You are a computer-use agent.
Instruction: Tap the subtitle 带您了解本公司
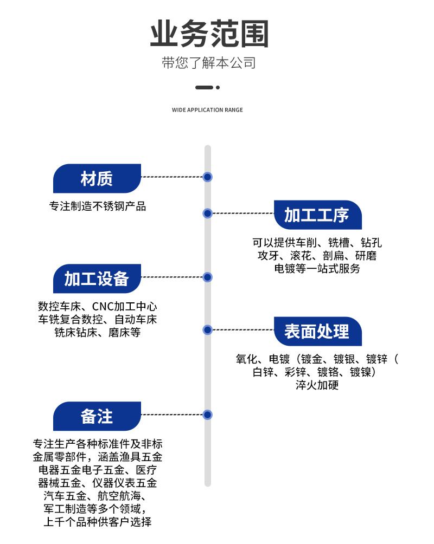point(209,63)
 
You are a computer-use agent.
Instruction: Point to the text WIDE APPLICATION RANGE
point(207,110)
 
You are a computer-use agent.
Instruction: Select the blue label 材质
point(97,178)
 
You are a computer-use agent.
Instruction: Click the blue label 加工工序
point(317,215)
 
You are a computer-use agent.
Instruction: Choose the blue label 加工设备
point(97,279)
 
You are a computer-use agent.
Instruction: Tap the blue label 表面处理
point(317,331)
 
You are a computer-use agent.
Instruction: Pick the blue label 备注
point(97,416)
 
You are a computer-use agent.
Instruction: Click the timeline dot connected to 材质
point(207,177)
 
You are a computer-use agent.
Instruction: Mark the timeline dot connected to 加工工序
point(207,213)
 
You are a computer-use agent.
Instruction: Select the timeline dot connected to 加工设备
point(207,277)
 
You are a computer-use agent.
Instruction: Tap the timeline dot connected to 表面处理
point(207,329)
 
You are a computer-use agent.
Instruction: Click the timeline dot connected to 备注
point(207,415)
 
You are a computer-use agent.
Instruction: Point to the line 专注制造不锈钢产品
point(98,206)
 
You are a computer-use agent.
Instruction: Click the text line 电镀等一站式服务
point(317,268)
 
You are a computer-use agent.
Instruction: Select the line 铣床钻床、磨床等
point(98,333)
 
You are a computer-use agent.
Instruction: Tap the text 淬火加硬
point(317,385)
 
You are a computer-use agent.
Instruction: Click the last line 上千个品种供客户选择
point(98,522)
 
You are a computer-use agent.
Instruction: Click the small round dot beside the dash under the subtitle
point(218,87)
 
